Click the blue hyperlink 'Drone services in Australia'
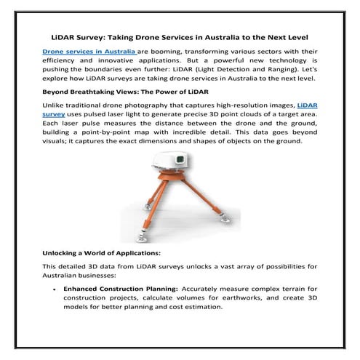[89, 53]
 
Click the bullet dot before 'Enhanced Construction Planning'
[55, 289]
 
